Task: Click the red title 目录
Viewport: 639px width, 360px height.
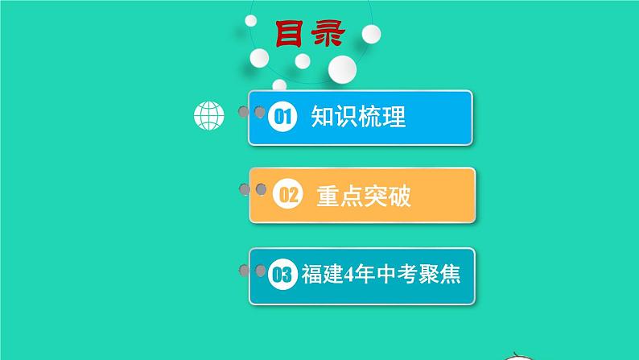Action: tap(309, 35)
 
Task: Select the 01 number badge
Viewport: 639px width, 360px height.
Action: tap(282, 118)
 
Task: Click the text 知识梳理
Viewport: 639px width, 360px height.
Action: tap(358, 118)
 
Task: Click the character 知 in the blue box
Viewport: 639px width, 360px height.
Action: tap(323, 118)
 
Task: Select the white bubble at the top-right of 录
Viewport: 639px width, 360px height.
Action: tap(371, 33)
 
